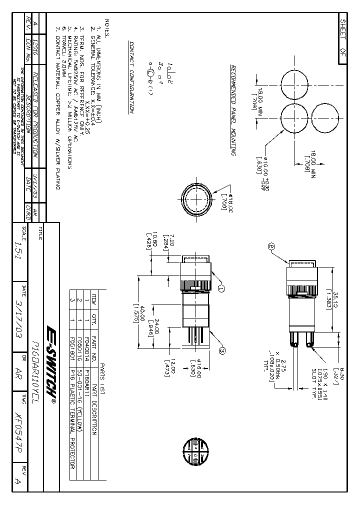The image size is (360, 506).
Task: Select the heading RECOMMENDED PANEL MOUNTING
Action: pos(232,110)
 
